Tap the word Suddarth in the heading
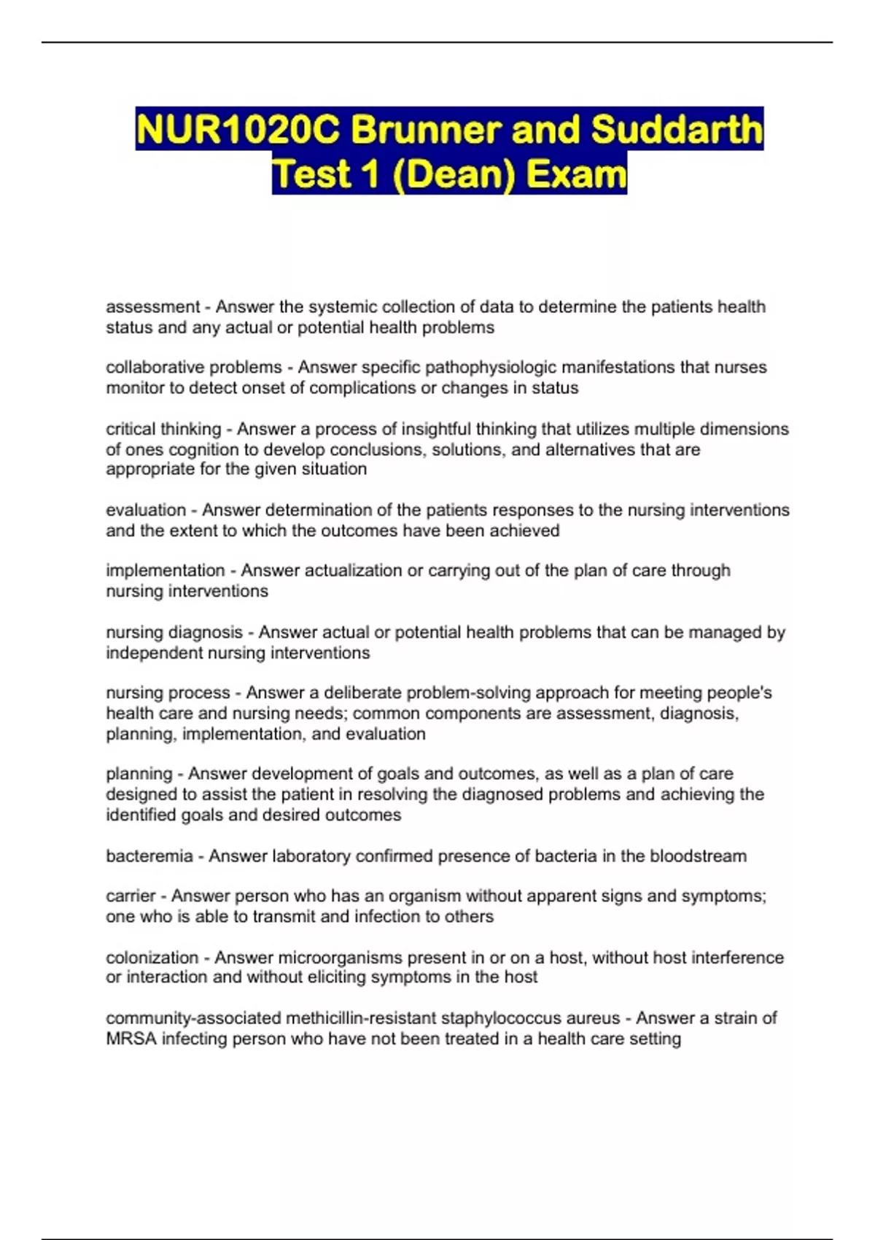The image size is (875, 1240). click(677, 130)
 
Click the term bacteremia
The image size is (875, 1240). click(149, 856)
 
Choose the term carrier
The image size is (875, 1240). click(131, 896)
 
